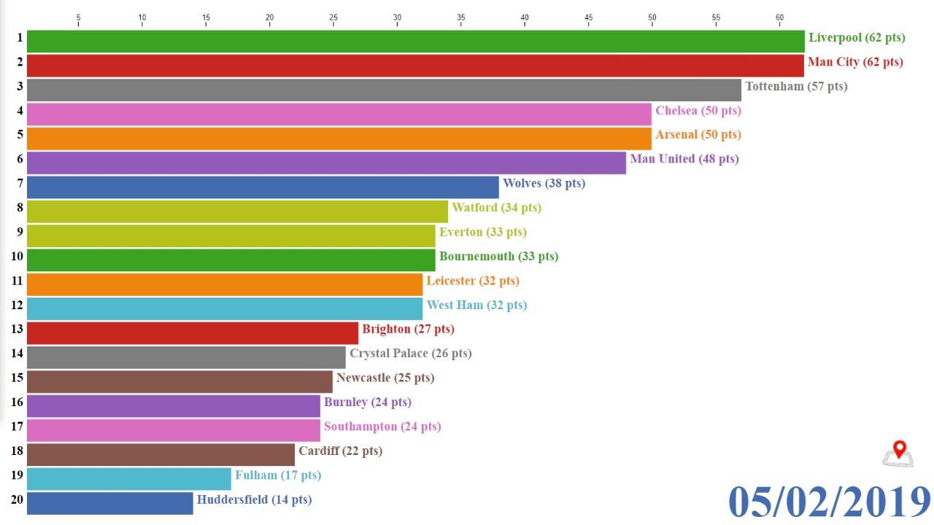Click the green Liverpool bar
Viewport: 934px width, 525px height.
415,41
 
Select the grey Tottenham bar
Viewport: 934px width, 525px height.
384,90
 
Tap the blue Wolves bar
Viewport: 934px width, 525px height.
263,187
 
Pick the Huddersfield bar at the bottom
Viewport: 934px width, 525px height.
109,503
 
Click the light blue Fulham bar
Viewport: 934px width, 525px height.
128,479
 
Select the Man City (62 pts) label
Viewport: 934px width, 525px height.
854,62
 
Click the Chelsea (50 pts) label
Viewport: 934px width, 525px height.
698,111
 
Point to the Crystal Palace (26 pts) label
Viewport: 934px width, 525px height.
410,354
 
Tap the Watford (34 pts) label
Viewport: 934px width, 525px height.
496,208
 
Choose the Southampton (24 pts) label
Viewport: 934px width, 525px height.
382,427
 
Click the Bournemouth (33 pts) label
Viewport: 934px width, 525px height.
498,257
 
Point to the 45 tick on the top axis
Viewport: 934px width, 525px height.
588,17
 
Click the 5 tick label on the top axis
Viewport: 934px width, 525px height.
78,17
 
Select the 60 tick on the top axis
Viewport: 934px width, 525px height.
779,17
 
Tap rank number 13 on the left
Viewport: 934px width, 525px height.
17,329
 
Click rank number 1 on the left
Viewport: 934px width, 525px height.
20,37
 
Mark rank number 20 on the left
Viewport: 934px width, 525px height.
17,499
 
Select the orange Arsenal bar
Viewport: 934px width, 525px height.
339,139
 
